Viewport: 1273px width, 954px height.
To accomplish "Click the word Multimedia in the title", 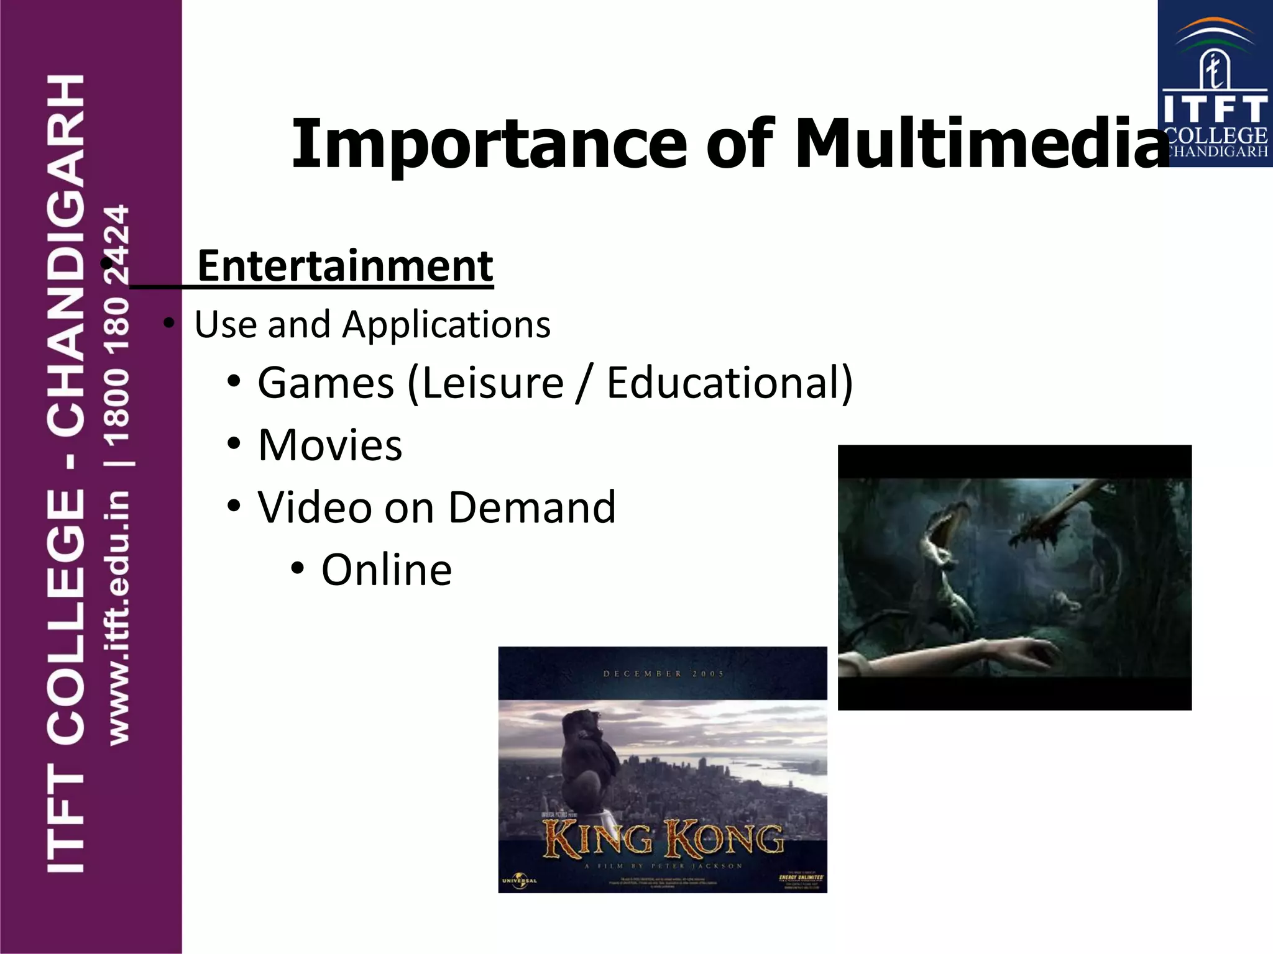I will pos(982,144).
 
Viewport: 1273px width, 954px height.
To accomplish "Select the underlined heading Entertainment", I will pos(345,266).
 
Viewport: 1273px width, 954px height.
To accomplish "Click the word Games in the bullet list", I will pos(326,383).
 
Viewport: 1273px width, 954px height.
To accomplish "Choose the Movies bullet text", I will pos(330,445).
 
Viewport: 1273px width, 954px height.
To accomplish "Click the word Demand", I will pos(532,507).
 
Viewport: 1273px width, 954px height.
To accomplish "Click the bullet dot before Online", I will pos(298,568).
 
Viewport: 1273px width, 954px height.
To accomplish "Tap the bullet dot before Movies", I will pos(234,443).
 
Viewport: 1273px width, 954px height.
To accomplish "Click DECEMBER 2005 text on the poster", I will pos(663,673).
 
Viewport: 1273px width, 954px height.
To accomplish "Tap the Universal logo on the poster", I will pos(519,881).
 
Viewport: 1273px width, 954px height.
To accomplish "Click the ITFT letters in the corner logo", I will pos(1215,109).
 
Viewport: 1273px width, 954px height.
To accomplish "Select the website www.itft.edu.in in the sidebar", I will pos(118,618).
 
